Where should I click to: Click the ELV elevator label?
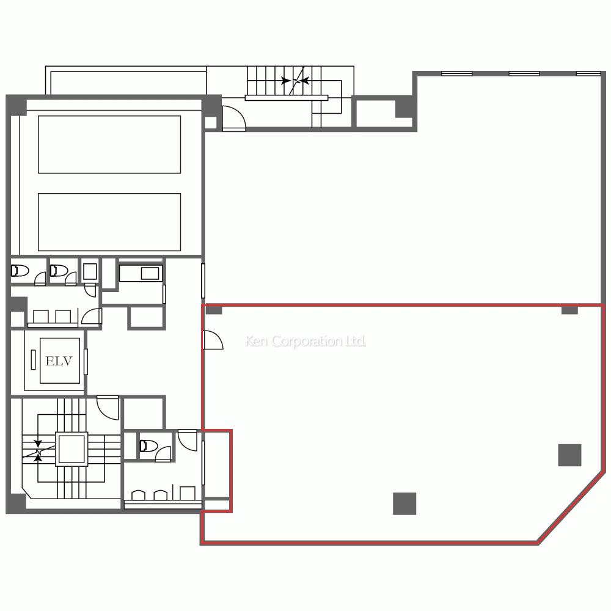click(x=59, y=361)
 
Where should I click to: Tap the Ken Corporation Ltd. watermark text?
click(x=305, y=342)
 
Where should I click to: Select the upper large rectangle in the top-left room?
click(x=109, y=144)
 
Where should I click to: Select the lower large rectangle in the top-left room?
click(x=109, y=222)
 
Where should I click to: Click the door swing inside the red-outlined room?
click(x=212, y=340)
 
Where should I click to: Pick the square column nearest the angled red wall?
click(x=569, y=455)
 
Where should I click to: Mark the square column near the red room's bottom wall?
click(x=404, y=503)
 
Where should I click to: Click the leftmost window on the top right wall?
click(x=456, y=73)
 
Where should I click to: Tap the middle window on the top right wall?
click(x=524, y=73)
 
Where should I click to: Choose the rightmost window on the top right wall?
click(x=588, y=73)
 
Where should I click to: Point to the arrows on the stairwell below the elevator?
click(x=39, y=452)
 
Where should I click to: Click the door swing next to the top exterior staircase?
click(x=232, y=119)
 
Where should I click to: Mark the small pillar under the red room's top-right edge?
click(x=569, y=310)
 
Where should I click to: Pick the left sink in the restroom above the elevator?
click(x=40, y=316)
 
